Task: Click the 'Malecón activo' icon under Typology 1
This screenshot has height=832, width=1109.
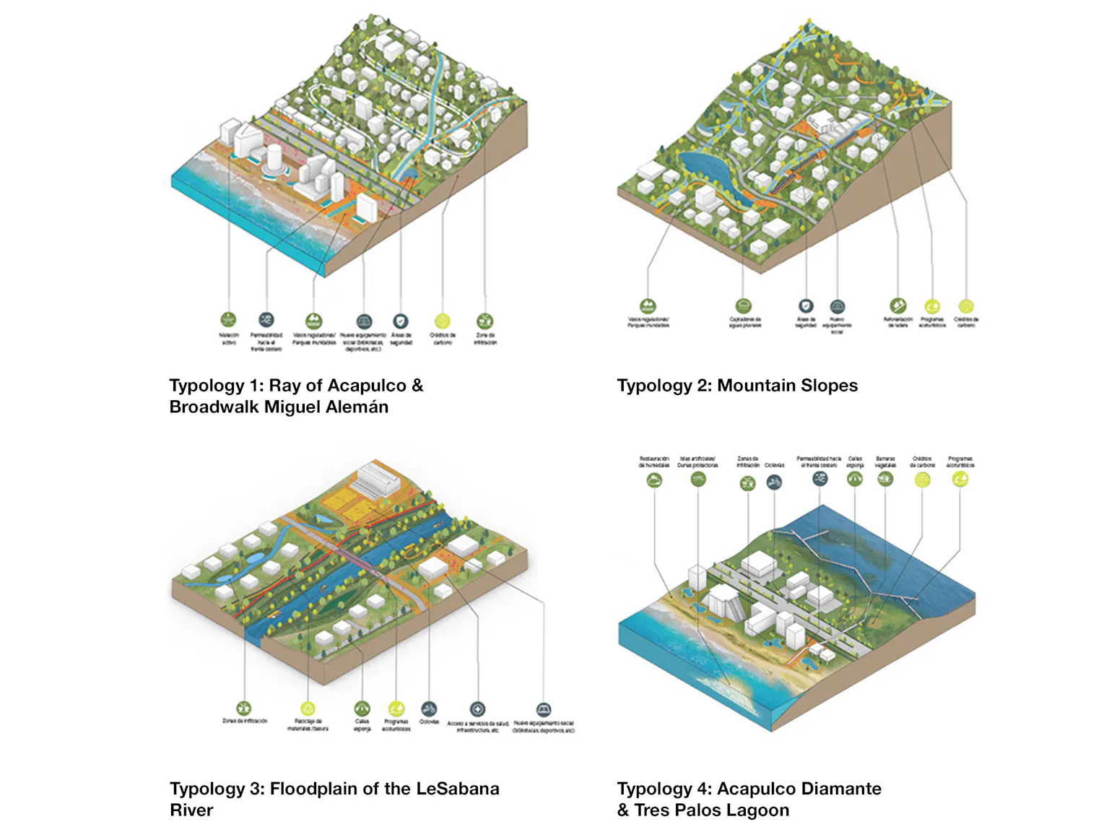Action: (x=228, y=319)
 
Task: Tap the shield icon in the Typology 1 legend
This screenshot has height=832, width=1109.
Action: (x=401, y=321)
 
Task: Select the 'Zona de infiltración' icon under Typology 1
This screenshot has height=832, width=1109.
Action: (x=485, y=321)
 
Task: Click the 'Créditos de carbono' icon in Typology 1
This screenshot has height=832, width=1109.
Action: (x=442, y=321)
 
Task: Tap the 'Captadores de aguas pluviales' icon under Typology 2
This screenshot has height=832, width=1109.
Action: (x=744, y=306)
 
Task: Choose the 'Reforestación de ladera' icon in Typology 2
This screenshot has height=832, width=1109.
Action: (x=897, y=305)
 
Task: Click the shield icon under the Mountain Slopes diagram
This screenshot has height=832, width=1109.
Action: (x=806, y=306)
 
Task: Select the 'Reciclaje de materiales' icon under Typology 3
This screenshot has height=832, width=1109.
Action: (x=308, y=708)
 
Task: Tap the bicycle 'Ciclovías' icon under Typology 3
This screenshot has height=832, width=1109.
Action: (x=429, y=708)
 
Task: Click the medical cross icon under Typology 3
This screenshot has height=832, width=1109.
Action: (x=477, y=709)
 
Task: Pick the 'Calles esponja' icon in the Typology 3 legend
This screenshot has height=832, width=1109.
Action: (x=362, y=708)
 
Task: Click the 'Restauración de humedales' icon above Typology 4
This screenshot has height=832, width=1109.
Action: (x=654, y=479)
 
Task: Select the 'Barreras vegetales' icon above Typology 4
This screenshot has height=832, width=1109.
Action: (x=885, y=478)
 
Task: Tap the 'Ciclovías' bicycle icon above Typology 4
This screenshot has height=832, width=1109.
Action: (x=774, y=481)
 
